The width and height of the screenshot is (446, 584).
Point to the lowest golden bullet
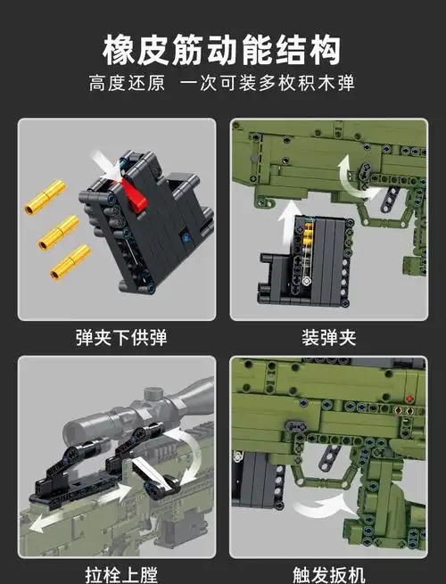[70, 261]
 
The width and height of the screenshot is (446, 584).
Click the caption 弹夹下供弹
[120, 338]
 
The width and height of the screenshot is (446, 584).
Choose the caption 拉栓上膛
[120, 573]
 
